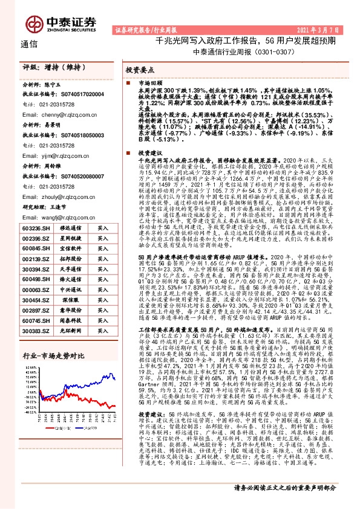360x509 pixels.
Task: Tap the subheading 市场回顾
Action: coord(151,81)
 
